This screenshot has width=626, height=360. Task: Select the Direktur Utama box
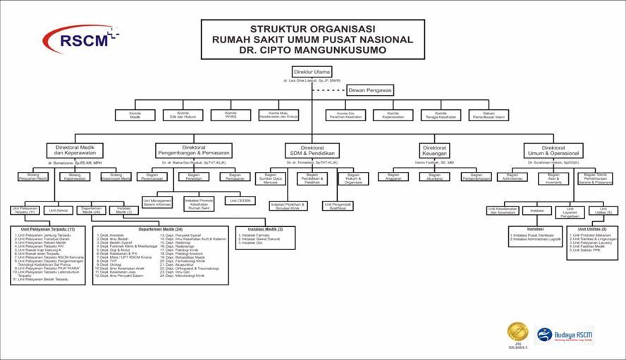click(x=311, y=73)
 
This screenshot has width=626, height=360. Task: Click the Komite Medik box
click(x=135, y=115)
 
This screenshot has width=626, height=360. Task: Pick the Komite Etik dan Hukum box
click(x=183, y=115)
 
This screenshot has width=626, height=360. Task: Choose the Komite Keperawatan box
click(x=393, y=115)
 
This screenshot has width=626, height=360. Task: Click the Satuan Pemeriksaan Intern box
click(x=488, y=115)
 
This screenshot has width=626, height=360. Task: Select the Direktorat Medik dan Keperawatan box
click(x=75, y=151)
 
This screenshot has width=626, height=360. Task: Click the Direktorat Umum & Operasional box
click(x=553, y=151)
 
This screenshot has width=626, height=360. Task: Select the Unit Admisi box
click(x=59, y=210)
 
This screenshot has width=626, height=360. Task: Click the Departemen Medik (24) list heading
click(x=160, y=230)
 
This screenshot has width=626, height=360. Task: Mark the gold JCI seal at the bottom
click(x=517, y=331)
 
